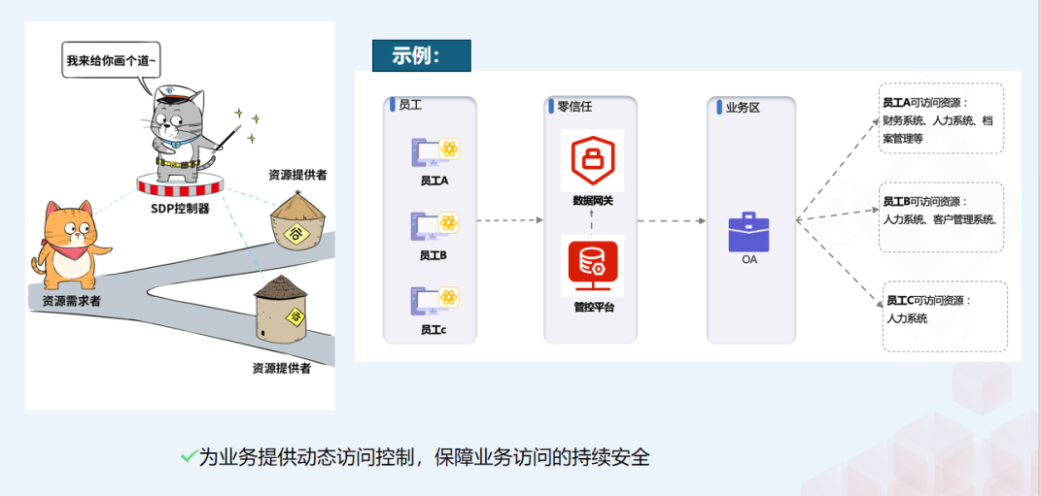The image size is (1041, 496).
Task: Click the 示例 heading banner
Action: click(x=421, y=55)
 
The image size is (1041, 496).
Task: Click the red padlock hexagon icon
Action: click(x=592, y=161)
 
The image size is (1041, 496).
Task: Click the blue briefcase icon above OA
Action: click(x=748, y=232)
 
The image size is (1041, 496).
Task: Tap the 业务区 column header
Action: click(x=742, y=108)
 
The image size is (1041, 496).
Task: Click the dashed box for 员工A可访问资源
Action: click(x=941, y=119)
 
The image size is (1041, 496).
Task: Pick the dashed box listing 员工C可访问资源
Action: click(x=945, y=315)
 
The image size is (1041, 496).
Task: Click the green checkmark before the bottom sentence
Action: click(x=188, y=455)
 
